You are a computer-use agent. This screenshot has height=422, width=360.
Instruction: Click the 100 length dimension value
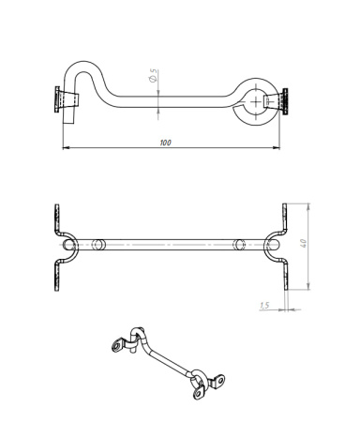pyautogui.click(x=165, y=143)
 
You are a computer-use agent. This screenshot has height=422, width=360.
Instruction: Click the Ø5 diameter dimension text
pyautogui.click(x=153, y=76)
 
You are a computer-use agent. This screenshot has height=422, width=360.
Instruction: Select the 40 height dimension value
pyautogui.click(x=303, y=243)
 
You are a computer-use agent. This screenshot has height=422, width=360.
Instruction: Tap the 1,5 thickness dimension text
pyautogui.click(x=264, y=305)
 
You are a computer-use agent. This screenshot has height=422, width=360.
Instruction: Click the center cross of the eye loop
pyautogui.click(x=256, y=101)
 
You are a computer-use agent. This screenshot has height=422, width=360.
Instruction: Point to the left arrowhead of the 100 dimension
pyautogui.click(x=66, y=147)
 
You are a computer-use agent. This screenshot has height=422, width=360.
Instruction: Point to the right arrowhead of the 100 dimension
pyautogui.click(x=277, y=147)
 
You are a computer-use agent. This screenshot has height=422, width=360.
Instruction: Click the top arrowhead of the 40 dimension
pyautogui.click(x=308, y=206)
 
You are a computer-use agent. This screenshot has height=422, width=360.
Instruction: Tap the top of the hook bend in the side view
pyautogui.click(x=82, y=63)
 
